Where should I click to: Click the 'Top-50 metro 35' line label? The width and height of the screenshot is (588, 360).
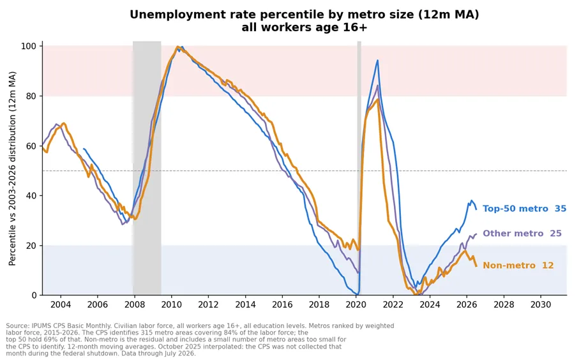coord(524,209)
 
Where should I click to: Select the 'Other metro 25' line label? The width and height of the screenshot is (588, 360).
coord(522,234)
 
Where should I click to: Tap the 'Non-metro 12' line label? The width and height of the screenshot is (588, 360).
coord(518,266)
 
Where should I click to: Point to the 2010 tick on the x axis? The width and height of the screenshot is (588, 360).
coord(171,304)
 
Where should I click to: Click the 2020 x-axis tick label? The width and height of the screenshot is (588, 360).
coord(356,304)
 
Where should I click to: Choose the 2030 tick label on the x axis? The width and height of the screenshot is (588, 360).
coord(541,304)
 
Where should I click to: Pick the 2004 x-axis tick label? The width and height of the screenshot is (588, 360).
coord(61,304)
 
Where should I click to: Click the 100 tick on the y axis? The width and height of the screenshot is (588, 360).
coord(29,46)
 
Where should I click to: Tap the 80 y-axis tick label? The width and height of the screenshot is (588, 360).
coord(31,96)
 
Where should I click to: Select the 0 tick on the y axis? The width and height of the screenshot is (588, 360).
coord(34,296)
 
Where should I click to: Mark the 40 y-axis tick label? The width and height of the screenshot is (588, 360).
coord(31,196)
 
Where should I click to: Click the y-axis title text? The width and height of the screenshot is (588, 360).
coord(12,169)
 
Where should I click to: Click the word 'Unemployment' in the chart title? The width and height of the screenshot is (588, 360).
coord(170,15)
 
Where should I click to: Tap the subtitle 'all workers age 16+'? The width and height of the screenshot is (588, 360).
coord(304,27)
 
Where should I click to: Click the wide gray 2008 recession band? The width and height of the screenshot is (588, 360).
coord(147,168)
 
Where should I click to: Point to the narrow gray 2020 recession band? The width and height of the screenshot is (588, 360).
coord(359,168)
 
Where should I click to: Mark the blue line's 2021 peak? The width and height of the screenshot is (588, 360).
coord(377,61)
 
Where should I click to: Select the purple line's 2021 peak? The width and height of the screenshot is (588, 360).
coord(377,86)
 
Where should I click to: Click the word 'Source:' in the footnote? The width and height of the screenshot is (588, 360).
coord(18,326)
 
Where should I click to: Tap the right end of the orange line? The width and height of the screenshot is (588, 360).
coord(476,266)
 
